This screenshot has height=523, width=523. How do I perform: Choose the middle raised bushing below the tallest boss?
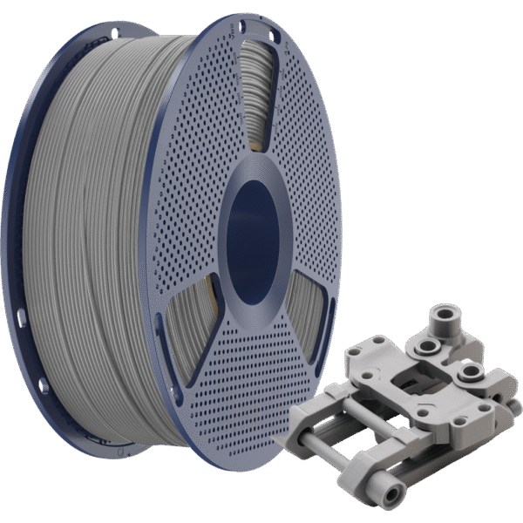[x=429, y=347]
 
